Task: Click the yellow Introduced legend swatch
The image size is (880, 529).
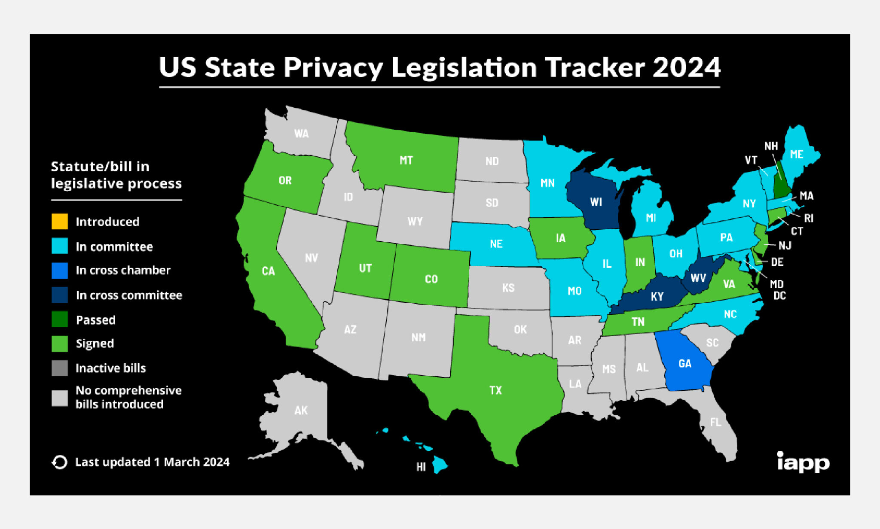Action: pos(60,222)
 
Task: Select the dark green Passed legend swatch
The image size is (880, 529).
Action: pos(60,319)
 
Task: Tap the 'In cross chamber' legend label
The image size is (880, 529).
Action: pos(123,270)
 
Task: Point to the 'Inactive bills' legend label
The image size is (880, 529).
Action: pos(110,368)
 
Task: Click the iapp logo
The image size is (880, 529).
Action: pos(803,462)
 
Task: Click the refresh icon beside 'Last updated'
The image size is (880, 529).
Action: pos(60,462)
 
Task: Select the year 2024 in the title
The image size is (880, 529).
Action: pos(686,67)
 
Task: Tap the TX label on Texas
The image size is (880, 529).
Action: pos(495,390)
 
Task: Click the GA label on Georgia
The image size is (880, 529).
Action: pos(685,364)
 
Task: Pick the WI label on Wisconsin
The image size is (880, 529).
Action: pos(596,202)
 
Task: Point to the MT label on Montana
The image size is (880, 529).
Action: pos(406,161)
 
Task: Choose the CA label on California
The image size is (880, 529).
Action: pos(268,271)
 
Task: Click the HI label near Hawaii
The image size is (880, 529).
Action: pos(421,467)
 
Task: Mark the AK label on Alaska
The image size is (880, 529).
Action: pos(301,410)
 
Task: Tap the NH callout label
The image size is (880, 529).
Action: pos(771,146)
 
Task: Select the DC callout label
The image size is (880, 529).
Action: pos(779,295)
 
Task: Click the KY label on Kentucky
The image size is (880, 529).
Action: pos(657,297)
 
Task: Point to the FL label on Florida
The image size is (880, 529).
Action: pos(715,423)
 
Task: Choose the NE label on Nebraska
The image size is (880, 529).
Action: pos(496,244)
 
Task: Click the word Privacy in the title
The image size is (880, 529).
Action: pos(333,67)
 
